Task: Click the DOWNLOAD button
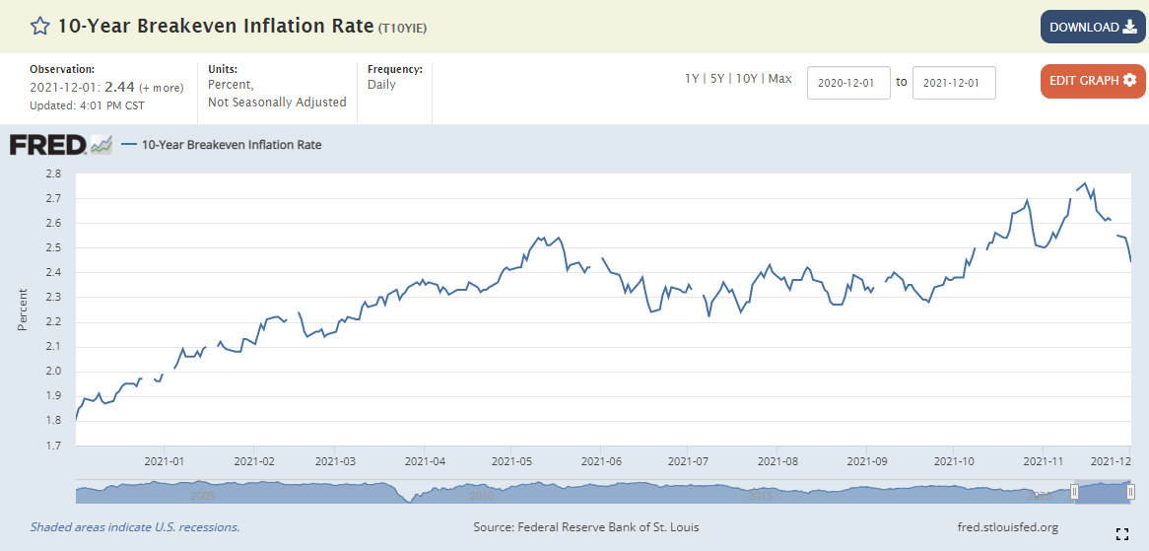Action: (x=1093, y=28)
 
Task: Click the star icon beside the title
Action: (x=39, y=28)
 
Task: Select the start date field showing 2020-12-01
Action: (x=848, y=83)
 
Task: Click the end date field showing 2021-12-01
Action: (x=954, y=83)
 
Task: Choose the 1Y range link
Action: (x=692, y=79)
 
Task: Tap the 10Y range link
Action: (x=746, y=79)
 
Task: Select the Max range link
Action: (x=780, y=79)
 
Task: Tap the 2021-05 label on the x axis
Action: (x=511, y=461)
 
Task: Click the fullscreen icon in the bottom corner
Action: (x=1121, y=534)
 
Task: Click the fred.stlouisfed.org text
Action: (x=1007, y=526)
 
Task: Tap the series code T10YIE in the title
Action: (x=402, y=29)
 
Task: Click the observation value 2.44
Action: (x=117, y=87)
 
